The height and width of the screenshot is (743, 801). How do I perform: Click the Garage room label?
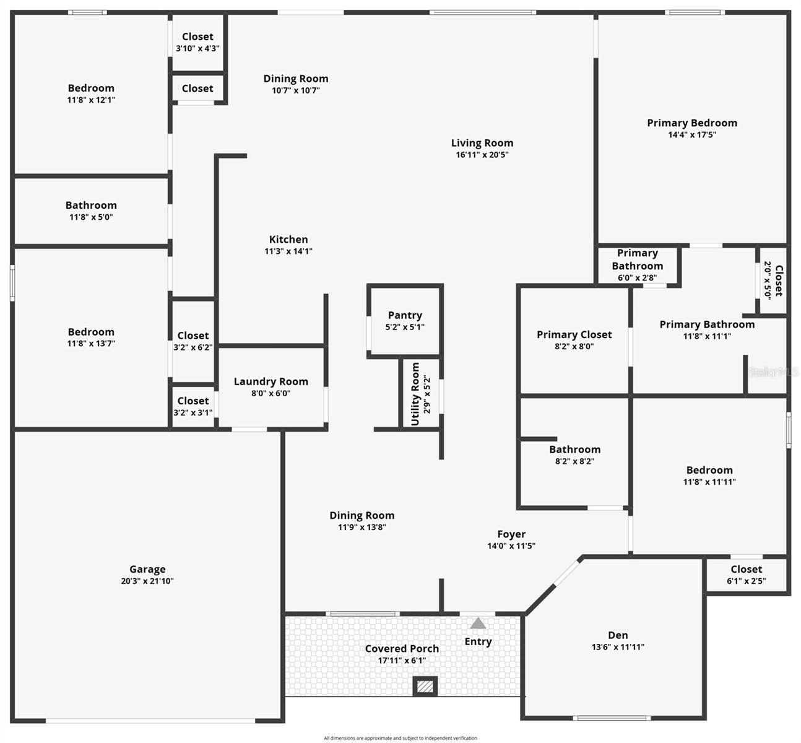point(147,569)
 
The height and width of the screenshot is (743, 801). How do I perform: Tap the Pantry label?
point(405,315)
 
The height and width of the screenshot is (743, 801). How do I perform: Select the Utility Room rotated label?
point(415,394)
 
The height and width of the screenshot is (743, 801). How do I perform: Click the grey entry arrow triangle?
point(478,623)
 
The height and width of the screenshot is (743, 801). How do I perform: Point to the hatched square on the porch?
point(425,687)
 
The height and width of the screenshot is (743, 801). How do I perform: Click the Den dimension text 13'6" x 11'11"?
point(618,647)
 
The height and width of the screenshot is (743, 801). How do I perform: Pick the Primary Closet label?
point(574,334)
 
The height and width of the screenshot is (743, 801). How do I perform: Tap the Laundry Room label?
point(271,381)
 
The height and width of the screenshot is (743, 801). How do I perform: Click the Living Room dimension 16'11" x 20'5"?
point(482,155)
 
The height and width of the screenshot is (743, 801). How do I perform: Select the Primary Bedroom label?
point(692,123)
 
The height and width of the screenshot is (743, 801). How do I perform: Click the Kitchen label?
point(288,239)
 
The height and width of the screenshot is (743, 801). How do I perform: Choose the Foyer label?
point(511,534)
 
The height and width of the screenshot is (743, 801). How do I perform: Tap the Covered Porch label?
point(402,648)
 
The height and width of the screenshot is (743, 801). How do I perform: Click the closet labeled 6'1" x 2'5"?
point(746,575)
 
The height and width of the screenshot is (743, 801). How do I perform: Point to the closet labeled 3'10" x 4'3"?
point(197,42)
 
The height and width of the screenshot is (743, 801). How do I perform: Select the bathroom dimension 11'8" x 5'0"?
point(91,217)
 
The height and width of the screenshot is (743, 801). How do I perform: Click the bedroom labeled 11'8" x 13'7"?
point(91,337)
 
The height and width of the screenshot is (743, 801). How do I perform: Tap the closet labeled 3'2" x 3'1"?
point(193,406)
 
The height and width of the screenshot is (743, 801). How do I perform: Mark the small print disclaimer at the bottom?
point(400,738)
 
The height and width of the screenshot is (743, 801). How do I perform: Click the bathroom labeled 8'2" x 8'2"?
point(574,455)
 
